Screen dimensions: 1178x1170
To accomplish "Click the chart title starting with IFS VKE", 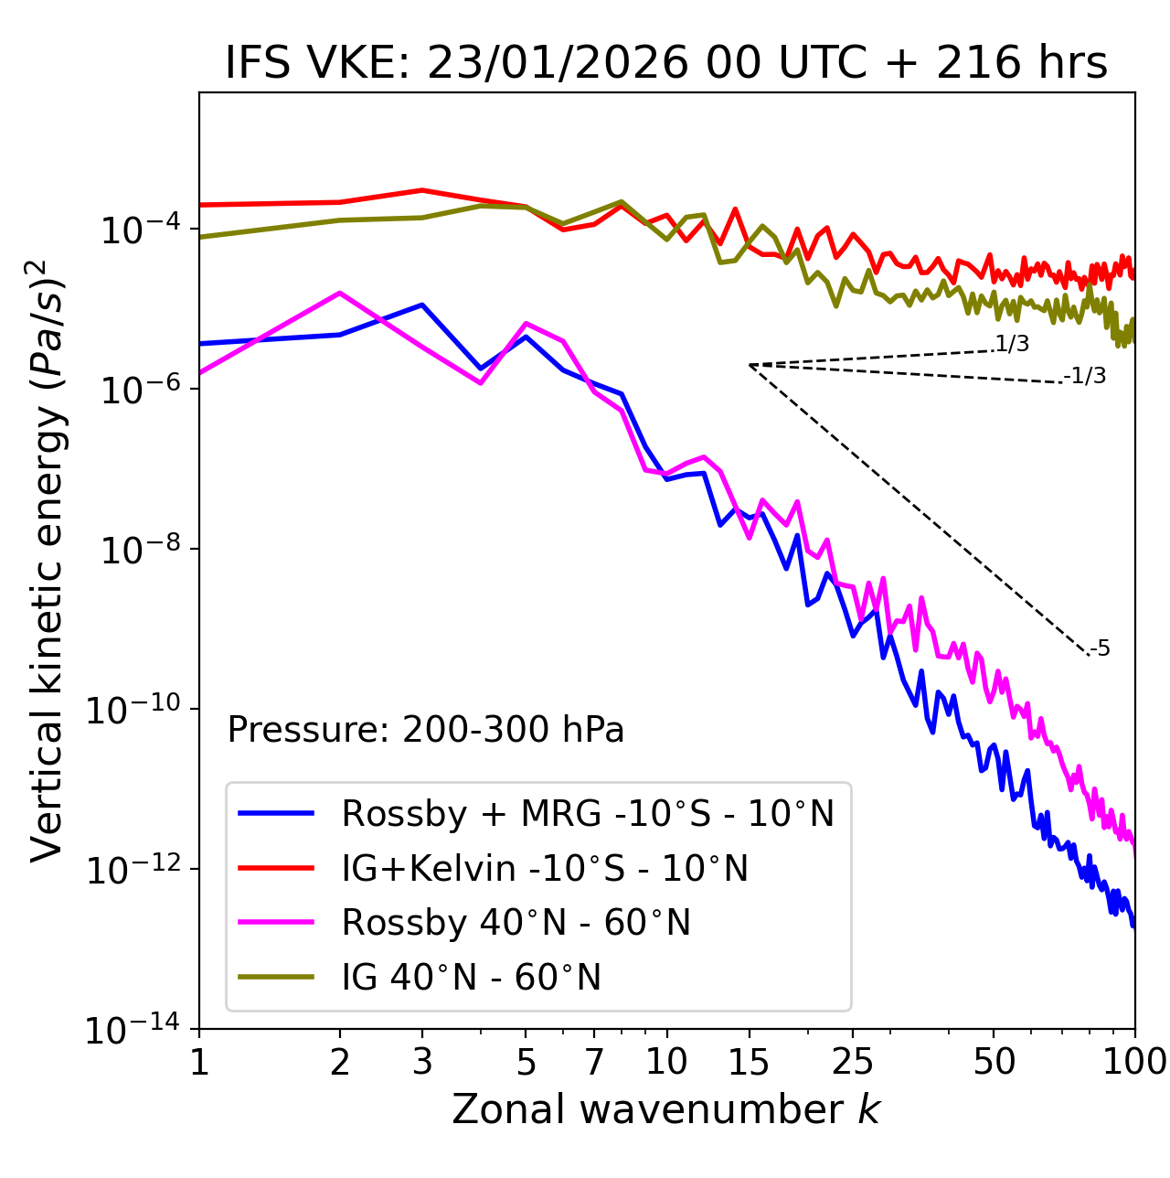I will pyautogui.click(x=666, y=63).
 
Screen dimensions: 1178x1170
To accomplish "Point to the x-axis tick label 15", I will pyautogui.click(x=749, y=1061).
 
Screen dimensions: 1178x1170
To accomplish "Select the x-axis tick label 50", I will pyautogui.click(x=994, y=1061).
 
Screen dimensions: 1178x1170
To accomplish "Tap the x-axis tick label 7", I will pyautogui.click(x=594, y=1061).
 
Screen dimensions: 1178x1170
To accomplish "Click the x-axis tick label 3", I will pyautogui.click(x=421, y=1061).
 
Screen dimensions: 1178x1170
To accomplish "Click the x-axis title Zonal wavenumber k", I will pyautogui.click(x=666, y=1109).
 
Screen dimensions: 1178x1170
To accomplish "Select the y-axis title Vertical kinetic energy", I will pyautogui.click(x=48, y=560).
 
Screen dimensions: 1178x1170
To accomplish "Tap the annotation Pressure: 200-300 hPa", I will pyautogui.click(x=426, y=730).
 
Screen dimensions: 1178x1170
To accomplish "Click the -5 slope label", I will pyautogui.click(x=1100, y=649).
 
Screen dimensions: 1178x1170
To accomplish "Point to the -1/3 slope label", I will pyautogui.click(x=1086, y=376).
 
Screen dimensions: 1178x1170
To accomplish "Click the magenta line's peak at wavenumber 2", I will pyautogui.click(x=340, y=293).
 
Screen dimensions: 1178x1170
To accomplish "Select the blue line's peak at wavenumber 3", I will pyautogui.click(x=421, y=305).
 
